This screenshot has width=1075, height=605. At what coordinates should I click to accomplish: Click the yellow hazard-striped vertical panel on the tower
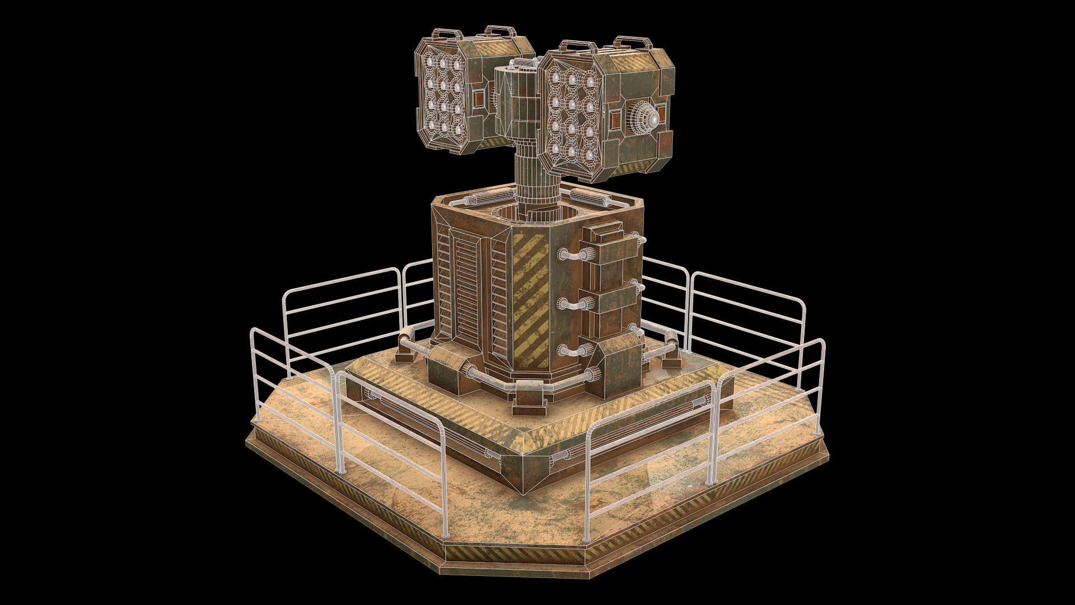(x=530, y=299)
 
